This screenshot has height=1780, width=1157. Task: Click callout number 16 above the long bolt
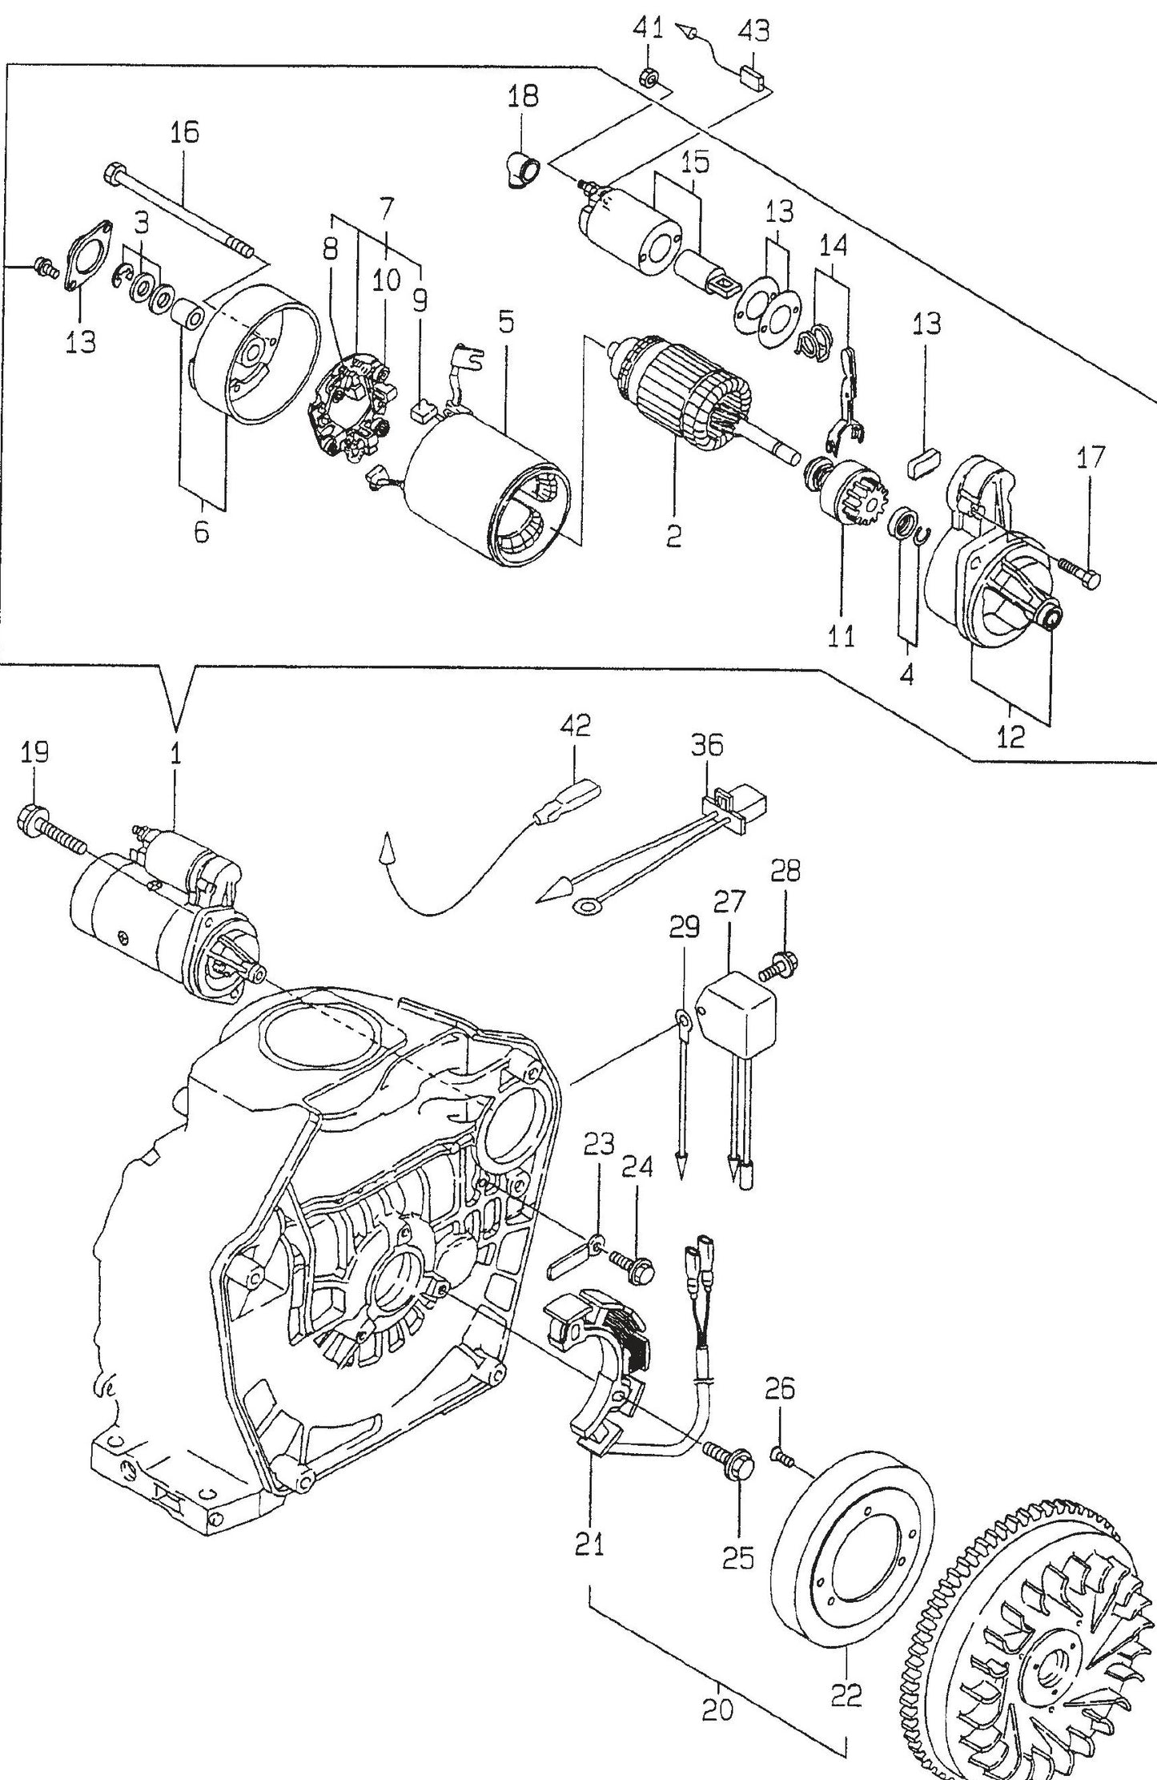(184, 131)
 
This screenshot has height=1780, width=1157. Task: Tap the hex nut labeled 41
(650, 78)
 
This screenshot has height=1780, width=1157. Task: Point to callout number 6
(201, 531)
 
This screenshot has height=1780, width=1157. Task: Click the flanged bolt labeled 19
(44, 825)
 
